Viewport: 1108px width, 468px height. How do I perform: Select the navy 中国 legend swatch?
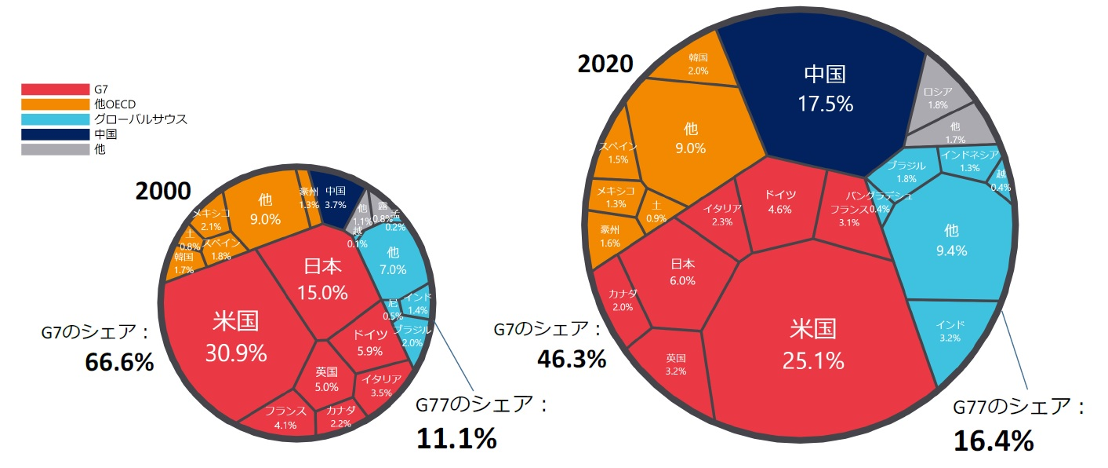tap(55, 134)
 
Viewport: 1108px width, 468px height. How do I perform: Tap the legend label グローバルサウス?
tap(140, 119)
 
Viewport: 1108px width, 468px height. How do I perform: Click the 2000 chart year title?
tap(163, 191)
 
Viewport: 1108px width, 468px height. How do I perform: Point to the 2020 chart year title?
tap(605, 64)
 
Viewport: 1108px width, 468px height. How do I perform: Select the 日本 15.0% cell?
tap(322, 279)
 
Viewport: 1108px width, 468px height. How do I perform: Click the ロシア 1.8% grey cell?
tap(937, 97)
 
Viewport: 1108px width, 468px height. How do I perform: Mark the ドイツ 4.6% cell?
tap(780, 202)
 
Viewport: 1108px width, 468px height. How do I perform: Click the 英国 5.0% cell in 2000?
tap(326, 379)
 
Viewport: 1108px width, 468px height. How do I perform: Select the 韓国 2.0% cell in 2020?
tap(698, 64)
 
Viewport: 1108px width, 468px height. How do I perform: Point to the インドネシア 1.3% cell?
tap(969, 160)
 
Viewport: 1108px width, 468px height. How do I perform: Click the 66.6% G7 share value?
tap(119, 362)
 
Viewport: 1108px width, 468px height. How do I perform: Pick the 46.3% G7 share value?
tap(572, 359)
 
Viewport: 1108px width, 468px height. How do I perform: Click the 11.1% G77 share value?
tap(456, 438)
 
